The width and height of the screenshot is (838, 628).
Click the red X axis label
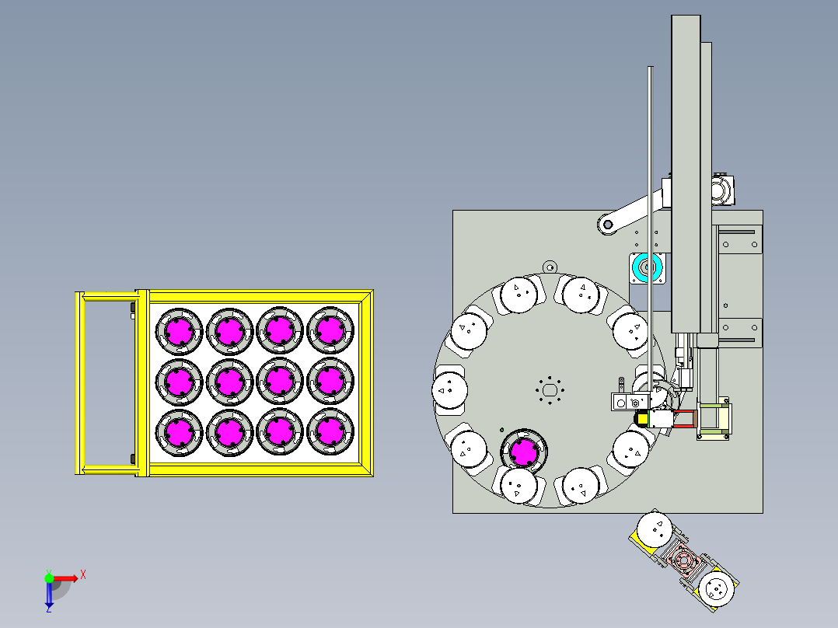click(83, 575)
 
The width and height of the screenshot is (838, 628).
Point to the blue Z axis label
click(49, 609)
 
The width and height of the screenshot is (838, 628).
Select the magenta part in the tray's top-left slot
click(179, 331)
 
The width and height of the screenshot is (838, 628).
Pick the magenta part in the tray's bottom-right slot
click(330, 431)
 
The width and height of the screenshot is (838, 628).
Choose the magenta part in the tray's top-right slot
click(330, 331)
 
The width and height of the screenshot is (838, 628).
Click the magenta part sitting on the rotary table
click(524, 452)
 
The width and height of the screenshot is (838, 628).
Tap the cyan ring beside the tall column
click(646, 267)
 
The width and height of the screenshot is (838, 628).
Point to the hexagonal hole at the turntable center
click(550, 389)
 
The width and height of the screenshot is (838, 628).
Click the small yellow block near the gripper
click(641, 418)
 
